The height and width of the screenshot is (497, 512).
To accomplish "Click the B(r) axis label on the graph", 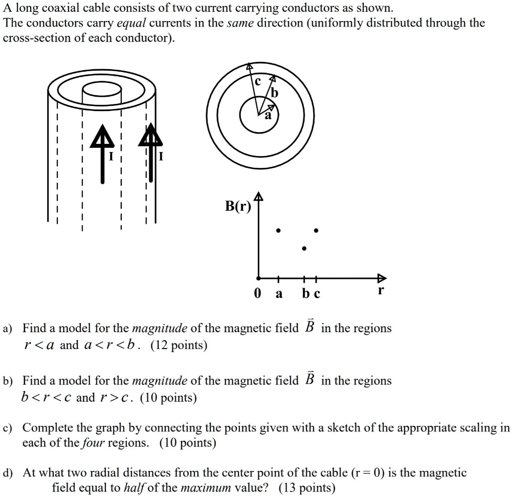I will (x=238, y=207).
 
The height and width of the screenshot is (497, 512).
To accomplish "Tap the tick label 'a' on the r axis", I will (x=278, y=294).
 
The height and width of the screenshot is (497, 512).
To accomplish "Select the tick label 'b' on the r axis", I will (x=305, y=294).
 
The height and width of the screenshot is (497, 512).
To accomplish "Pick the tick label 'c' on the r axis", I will (x=317, y=294).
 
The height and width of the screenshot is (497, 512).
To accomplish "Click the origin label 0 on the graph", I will (x=257, y=294).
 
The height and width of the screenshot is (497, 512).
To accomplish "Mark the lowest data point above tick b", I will (x=304, y=249).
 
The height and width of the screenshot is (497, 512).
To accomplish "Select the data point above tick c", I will (x=317, y=230).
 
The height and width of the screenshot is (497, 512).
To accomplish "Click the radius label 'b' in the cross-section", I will (x=275, y=93).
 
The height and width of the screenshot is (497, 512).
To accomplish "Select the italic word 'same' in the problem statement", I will (x=240, y=24).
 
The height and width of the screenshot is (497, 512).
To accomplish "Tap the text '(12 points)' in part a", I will (x=179, y=345).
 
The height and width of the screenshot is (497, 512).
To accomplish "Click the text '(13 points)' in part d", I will (x=307, y=487).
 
